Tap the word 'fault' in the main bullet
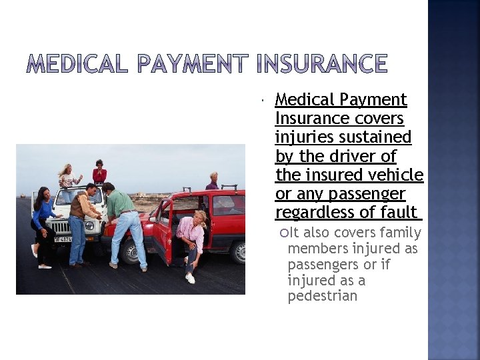[398, 212]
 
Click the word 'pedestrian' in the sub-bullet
[323, 296]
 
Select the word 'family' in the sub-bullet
[399, 232]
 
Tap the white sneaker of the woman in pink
[190, 278]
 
